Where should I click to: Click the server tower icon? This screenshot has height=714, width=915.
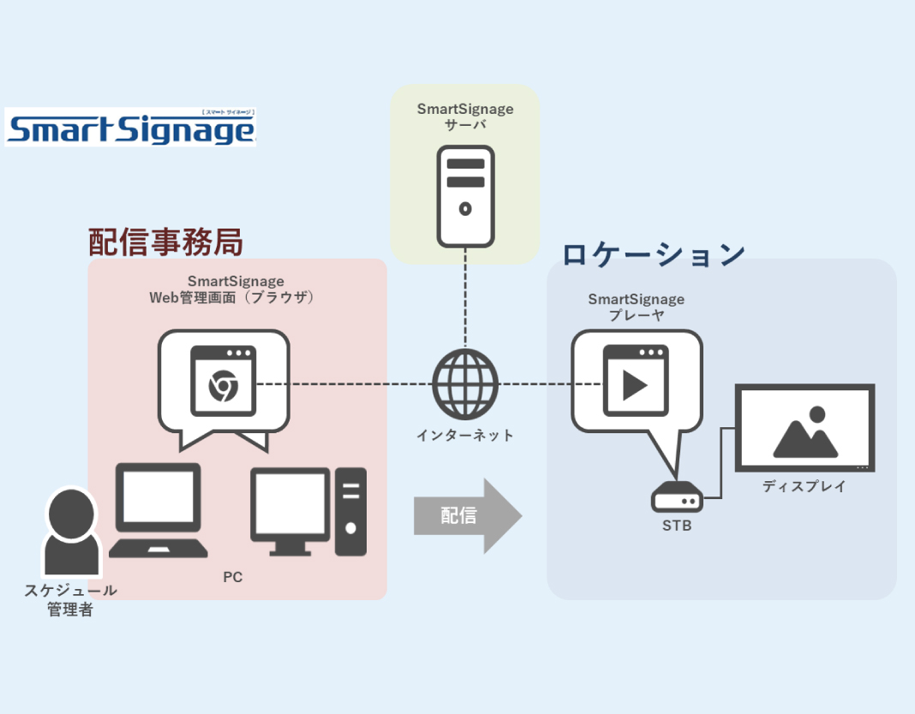[x=465, y=196]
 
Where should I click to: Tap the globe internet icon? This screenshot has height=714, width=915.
[x=465, y=383]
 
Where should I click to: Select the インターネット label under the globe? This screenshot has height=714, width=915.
[x=465, y=436]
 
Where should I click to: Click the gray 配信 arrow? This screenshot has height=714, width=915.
[x=467, y=515]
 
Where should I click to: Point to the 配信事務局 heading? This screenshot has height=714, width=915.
[x=166, y=242]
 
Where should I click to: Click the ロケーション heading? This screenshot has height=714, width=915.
[x=653, y=254]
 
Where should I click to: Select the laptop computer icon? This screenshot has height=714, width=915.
[x=158, y=510]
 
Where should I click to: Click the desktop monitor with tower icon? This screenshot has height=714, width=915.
[x=308, y=511]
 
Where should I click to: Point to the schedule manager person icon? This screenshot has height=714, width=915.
[x=72, y=532]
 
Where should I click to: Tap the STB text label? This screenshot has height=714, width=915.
[x=677, y=526]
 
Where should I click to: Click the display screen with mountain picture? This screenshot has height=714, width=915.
[x=804, y=429]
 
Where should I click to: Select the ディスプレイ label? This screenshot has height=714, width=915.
[x=804, y=486]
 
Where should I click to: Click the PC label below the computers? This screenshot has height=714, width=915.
[x=232, y=577]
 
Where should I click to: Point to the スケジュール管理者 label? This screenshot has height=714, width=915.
[x=70, y=600]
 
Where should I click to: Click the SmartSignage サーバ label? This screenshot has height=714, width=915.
[x=465, y=117]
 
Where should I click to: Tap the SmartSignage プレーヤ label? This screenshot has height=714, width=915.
[x=636, y=307]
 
